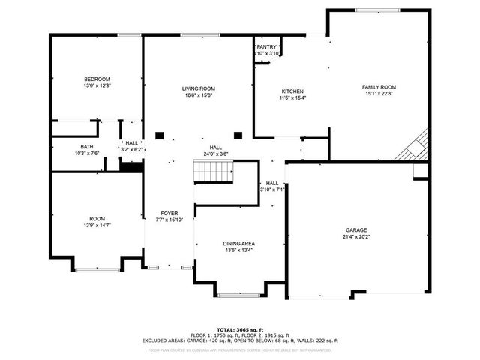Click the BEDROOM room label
[x=97, y=79]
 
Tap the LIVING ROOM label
[x=198, y=88]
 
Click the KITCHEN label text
[x=292, y=91]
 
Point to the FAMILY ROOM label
[x=379, y=87]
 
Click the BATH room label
[x=87, y=146]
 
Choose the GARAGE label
[x=356, y=229]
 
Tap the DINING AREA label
[x=238, y=244]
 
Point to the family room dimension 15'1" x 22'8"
[x=379, y=94]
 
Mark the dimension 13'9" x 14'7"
[x=97, y=225]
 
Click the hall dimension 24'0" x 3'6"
[x=215, y=154]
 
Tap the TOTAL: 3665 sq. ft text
[x=239, y=329]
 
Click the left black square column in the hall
[x=159, y=136]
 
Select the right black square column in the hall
[x=238, y=136]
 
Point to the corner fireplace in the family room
[x=415, y=146]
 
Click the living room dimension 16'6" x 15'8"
[x=198, y=95]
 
